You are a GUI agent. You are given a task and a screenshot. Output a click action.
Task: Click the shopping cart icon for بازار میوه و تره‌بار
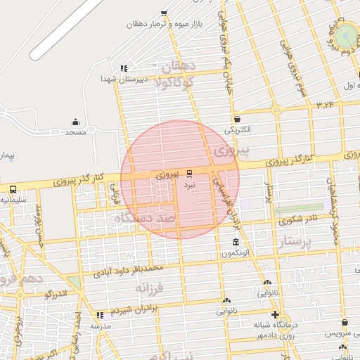click(x=164, y=13)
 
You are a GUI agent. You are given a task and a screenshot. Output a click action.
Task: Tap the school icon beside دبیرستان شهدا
click(x=124, y=68)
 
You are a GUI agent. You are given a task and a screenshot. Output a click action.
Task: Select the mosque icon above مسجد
click(x=75, y=122)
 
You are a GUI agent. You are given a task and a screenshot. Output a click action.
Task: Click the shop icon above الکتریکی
click(x=237, y=119)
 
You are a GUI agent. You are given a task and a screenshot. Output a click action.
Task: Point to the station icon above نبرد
click(x=189, y=173)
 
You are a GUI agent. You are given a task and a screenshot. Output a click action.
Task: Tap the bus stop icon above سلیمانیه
click(x=13, y=188)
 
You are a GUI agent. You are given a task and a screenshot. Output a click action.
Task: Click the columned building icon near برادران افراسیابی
click(x=236, y=243)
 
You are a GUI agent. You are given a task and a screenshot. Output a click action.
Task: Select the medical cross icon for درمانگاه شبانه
click(x=275, y=314)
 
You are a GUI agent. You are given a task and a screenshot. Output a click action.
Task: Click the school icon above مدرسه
click(x=100, y=315)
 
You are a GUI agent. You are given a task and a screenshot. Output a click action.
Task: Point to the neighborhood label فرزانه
click(x=149, y=288)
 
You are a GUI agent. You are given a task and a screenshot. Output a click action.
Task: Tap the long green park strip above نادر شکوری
click(x=299, y=209)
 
